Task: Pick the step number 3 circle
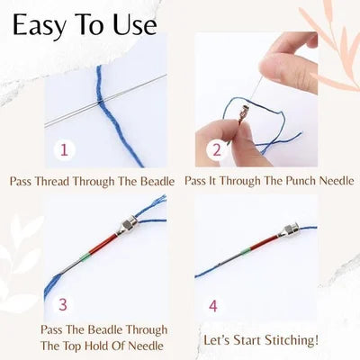pyautogui.click(x=62, y=305)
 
